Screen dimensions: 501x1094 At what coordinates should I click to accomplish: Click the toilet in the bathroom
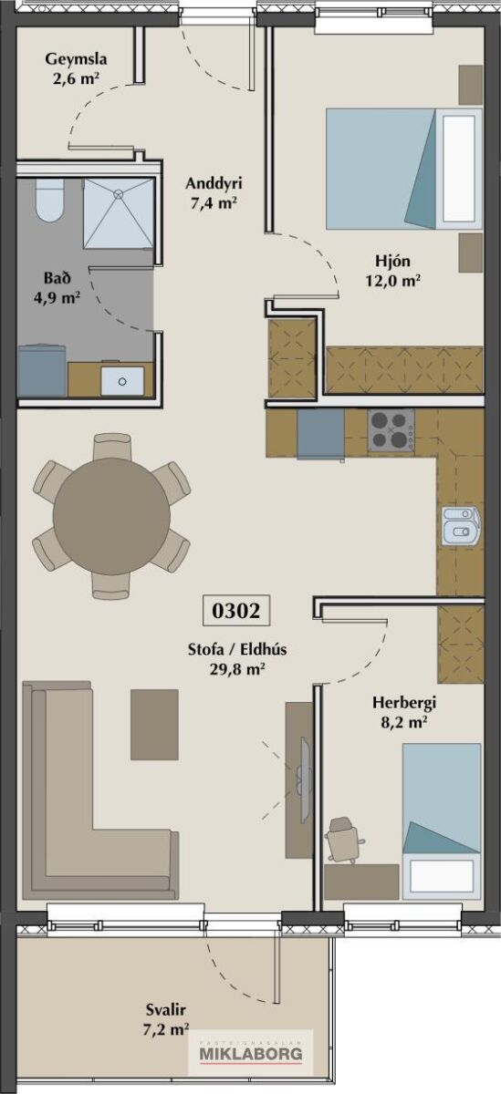tap(50, 201)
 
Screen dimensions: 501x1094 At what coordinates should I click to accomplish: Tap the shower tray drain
tap(119, 193)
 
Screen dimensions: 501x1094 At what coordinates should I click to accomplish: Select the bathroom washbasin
tap(122, 380)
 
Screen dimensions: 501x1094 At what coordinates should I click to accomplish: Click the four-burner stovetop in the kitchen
tap(391, 430)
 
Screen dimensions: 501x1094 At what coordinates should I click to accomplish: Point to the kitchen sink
tap(461, 525)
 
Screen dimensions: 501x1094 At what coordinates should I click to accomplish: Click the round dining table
tap(111, 516)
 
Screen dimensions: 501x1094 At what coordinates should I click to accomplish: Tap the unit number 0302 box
tap(236, 610)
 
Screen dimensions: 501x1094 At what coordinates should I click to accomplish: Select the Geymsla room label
tap(76, 69)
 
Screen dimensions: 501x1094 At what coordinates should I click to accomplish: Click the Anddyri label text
tap(214, 184)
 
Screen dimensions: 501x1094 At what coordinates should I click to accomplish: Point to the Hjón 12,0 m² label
tap(393, 270)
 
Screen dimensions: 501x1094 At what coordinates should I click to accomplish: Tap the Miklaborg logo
tap(251, 1050)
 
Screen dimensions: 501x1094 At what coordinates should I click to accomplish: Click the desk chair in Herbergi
tap(344, 839)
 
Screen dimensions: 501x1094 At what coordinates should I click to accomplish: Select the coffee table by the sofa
tap(154, 724)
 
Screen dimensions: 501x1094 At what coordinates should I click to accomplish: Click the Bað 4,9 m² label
tap(57, 288)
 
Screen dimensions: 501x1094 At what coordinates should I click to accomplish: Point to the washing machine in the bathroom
tap(42, 371)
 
